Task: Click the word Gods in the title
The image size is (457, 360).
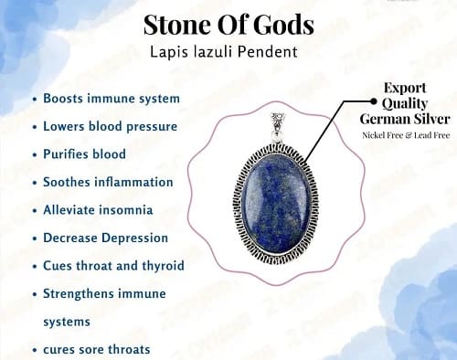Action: [x=283, y=25]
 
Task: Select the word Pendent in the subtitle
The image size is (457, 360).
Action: [x=267, y=52]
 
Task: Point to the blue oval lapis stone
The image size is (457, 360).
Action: [x=275, y=206]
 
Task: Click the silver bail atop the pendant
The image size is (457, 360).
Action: [x=278, y=126]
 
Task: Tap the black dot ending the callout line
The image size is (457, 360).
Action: [x=374, y=101]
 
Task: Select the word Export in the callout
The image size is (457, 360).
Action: [x=405, y=88]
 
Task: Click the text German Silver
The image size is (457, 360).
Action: [x=405, y=119]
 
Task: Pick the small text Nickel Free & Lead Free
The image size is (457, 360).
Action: [x=406, y=135]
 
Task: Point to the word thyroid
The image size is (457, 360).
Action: [x=163, y=266]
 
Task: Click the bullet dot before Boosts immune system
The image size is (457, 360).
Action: [x=35, y=100]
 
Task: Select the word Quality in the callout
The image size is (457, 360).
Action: [x=405, y=103]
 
